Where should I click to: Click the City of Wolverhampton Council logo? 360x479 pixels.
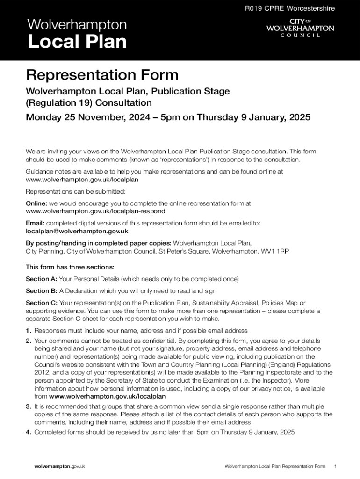pos(300,28)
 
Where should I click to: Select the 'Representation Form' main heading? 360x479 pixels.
pos(102,75)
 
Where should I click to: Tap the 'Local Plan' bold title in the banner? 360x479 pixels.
pos(77,42)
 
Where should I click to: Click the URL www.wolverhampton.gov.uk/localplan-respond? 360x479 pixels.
pos(95,211)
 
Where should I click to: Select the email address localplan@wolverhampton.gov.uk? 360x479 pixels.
pos(77,231)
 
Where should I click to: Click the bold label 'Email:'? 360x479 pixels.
pos(35,223)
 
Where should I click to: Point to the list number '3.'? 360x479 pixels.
pos(28,406)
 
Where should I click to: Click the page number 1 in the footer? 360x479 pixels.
pos(336,466)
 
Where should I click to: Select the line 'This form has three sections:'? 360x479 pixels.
pos(70,267)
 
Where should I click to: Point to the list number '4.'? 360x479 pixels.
pos(28,432)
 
